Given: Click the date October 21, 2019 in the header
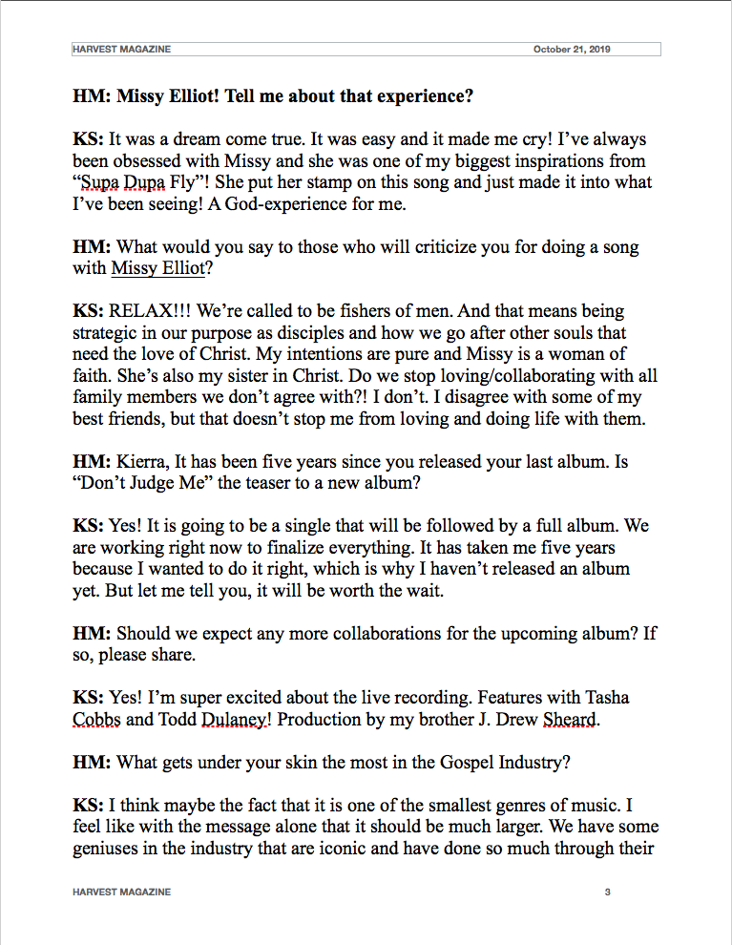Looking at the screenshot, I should click(572, 49).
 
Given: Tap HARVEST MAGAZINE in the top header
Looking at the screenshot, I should click(122, 49).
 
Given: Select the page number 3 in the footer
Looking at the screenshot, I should click(607, 892).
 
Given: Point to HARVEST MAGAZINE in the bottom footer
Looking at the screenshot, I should click(122, 892).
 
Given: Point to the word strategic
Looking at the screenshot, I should click(106, 333).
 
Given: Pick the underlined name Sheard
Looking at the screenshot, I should click(570, 720).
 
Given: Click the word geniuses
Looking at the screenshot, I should click(109, 849).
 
